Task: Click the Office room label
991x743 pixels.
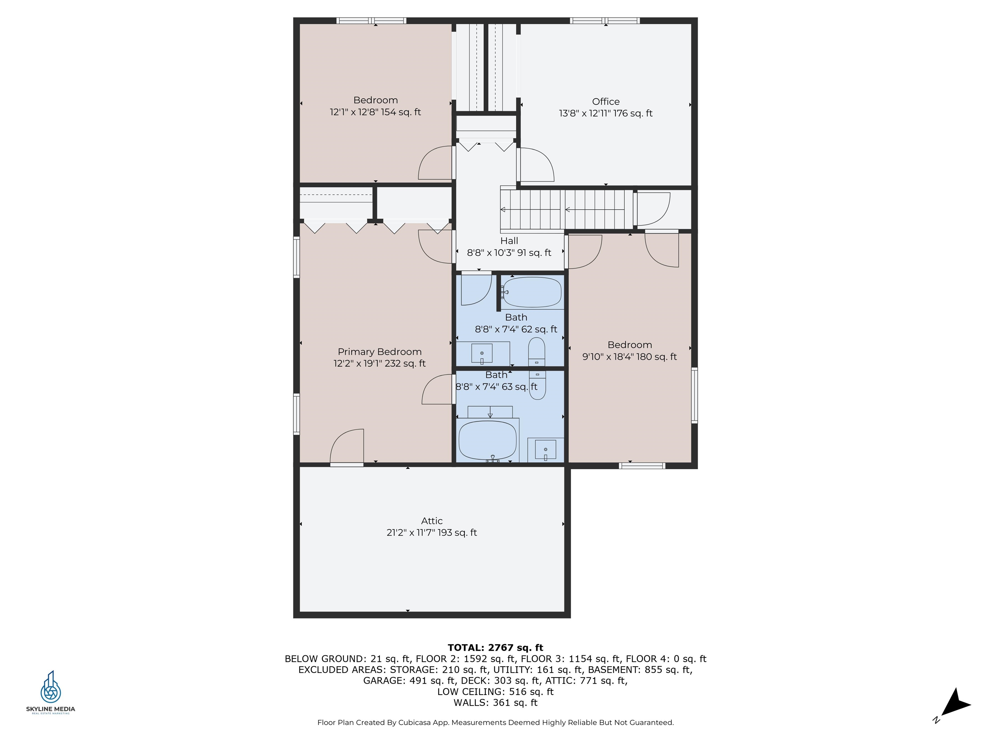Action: click(x=606, y=102)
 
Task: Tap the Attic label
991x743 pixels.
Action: click(x=432, y=521)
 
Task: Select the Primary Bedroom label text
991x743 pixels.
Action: click(x=379, y=352)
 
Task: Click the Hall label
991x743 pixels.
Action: click(x=509, y=241)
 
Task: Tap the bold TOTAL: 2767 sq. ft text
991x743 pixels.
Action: click(x=495, y=648)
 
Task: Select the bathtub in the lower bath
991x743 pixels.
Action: click(x=488, y=440)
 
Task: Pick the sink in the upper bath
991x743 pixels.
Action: click(x=482, y=354)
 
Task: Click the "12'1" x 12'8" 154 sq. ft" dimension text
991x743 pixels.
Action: click(x=375, y=112)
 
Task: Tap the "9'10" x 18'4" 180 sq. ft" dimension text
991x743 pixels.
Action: click(x=629, y=357)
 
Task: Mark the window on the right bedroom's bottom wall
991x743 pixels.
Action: click(x=642, y=466)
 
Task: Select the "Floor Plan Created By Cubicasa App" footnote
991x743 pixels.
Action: click(x=383, y=722)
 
